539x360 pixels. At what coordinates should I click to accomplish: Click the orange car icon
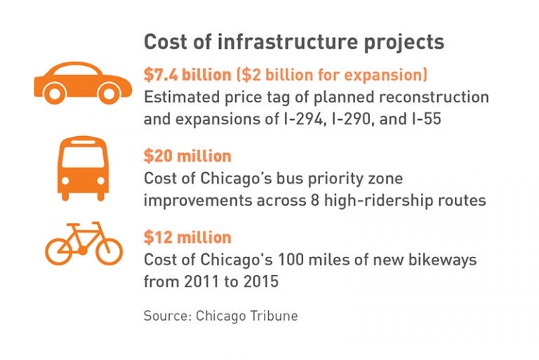pyautogui.click(x=83, y=83)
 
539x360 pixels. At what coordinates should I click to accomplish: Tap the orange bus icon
pyautogui.click(x=83, y=168)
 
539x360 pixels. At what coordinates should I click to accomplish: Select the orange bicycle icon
pyautogui.click(x=84, y=243)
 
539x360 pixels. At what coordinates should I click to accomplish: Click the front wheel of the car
pyautogui.click(x=109, y=93)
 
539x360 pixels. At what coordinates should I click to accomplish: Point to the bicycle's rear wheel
pyautogui.click(x=59, y=251)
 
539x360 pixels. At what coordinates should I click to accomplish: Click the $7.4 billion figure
pyautogui.click(x=187, y=74)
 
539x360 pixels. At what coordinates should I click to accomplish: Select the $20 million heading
pyautogui.click(x=187, y=156)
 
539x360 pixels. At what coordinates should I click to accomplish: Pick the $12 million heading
pyautogui.click(x=187, y=237)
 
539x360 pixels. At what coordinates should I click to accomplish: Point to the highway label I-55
pyautogui.click(x=426, y=119)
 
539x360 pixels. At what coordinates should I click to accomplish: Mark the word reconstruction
pyautogui.click(x=434, y=97)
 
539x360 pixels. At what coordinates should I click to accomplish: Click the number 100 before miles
pyautogui.click(x=291, y=260)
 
